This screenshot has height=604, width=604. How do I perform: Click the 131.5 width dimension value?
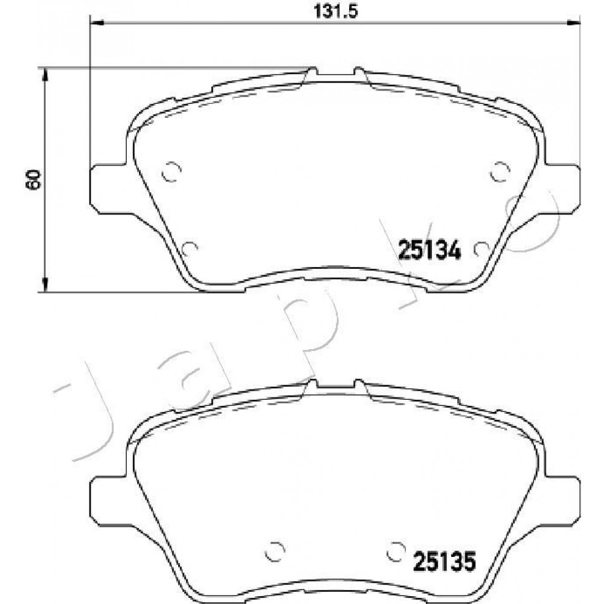336,11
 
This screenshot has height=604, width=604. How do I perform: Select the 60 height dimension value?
33,179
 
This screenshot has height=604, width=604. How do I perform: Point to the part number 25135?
445,561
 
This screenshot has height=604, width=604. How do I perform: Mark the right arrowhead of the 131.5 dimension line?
574,24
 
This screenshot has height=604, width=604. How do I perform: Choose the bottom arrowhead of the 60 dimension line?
45,285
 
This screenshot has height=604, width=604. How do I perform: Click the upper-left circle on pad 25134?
172,172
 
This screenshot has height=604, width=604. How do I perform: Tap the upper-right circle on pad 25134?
500,172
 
